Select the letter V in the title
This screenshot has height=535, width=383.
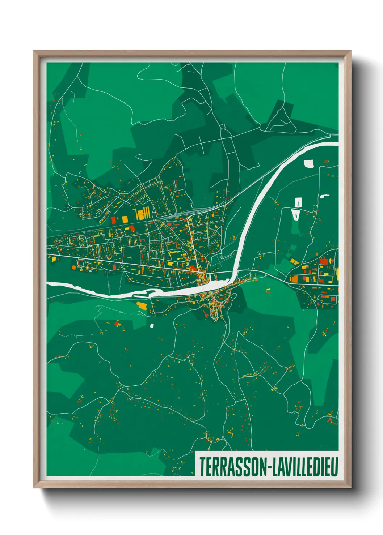(x=285, y=467)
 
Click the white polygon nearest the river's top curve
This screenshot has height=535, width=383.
(x=309, y=164)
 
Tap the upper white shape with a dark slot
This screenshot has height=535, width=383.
(x=298, y=202)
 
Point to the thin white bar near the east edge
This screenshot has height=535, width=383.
(x=325, y=196)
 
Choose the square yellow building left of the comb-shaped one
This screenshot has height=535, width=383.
(x=125, y=219)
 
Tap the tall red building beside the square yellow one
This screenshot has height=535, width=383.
(x=113, y=220)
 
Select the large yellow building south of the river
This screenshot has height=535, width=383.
(x=142, y=306)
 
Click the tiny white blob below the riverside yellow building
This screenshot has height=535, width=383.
(x=152, y=325)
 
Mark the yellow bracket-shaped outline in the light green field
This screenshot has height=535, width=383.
(x=268, y=290)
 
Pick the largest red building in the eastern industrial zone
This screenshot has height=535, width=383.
(x=323, y=261)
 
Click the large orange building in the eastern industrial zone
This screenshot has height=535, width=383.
(x=294, y=279)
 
